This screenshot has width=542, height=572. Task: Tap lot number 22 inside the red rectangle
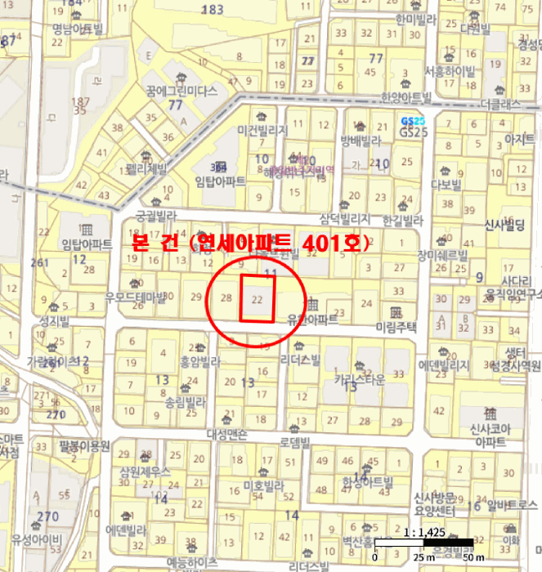pyautogui.click(x=258, y=300)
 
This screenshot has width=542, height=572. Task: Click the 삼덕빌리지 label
pyautogui.click(x=345, y=219)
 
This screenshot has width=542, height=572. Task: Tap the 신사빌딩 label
pyautogui.click(x=504, y=224)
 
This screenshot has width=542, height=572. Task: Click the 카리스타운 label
pyautogui.click(x=358, y=380)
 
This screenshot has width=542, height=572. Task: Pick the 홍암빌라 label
pyautogui.click(x=200, y=360)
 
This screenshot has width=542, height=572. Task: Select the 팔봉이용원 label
pyautogui.click(x=84, y=445)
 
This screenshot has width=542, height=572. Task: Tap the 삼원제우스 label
pyautogui.click(x=145, y=471)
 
